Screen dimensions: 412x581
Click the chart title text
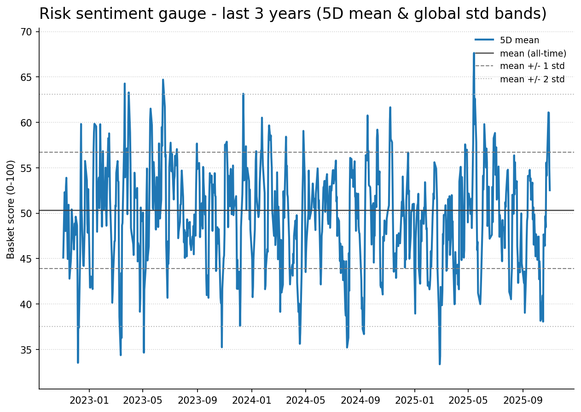tap(293, 14)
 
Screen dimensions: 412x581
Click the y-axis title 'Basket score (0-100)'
tap(11, 209)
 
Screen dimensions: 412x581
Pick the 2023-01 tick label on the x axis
tap(89, 400)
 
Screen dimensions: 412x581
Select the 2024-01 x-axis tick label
tap(251, 400)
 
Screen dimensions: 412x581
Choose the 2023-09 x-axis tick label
tap(197, 400)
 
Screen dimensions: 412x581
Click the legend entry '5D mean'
tap(519, 40)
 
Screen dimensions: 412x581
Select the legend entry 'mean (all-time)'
tap(533, 53)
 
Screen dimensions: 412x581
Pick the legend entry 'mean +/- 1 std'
tap(532, 66)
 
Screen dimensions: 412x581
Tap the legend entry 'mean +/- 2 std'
tap(532, 79)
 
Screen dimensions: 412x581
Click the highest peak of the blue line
tap(474, 53)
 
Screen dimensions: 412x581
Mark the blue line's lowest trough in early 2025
tap(440, 364)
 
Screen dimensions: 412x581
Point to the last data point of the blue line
tap(550, 190)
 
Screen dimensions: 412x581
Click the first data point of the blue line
tap(63, 258)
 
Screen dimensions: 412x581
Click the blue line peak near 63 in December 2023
tap(243, 94)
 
